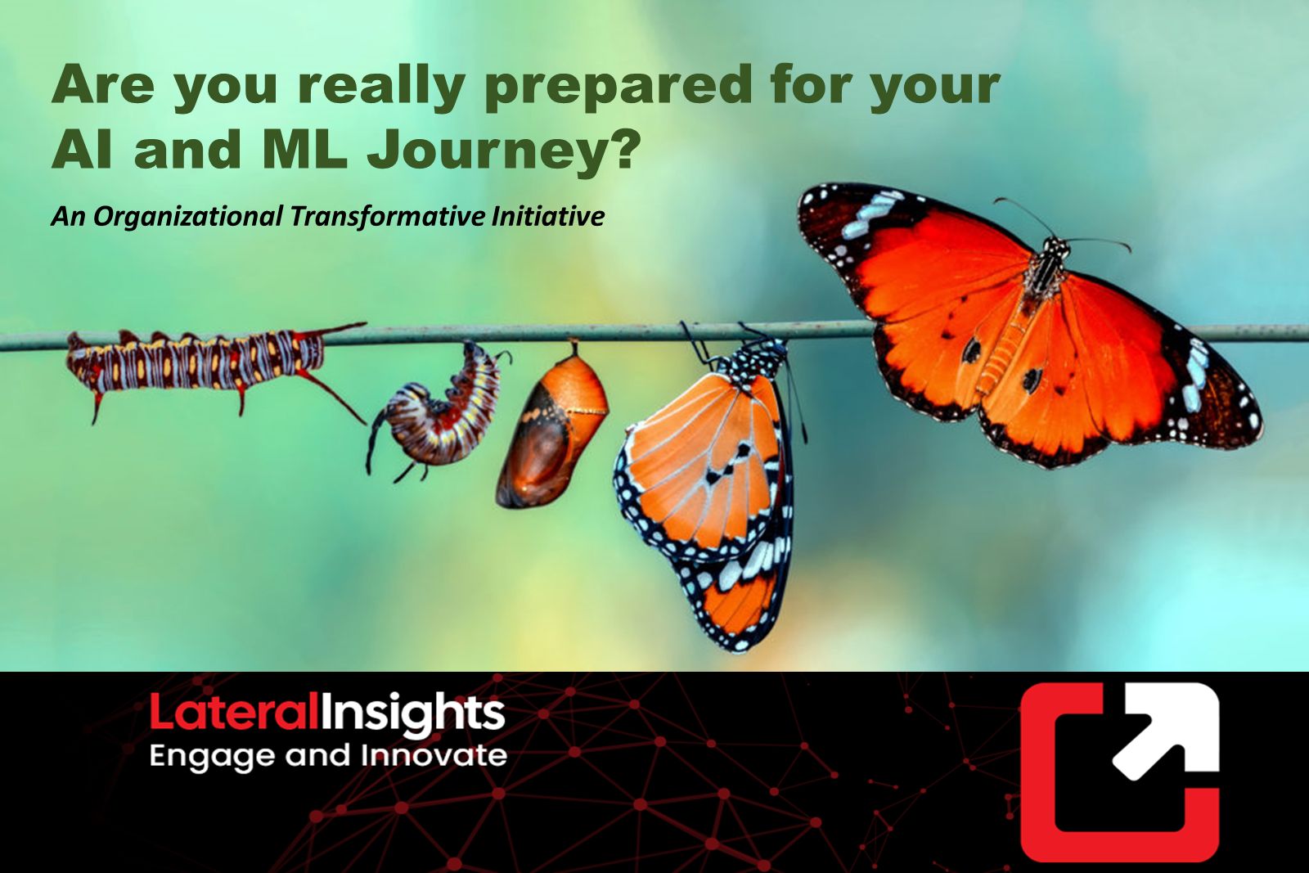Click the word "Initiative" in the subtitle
click(547, 216)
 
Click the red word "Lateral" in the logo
click(235, 711)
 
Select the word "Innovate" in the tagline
click(434, 755)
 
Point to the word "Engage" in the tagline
click(213, 757)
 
